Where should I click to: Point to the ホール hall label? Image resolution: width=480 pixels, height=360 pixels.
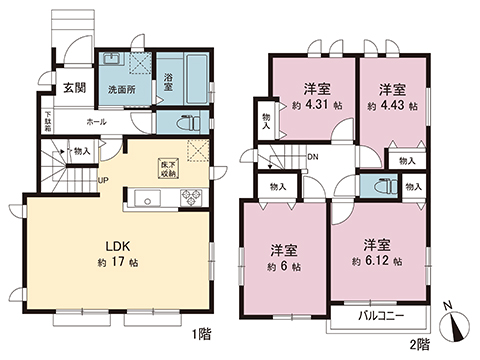tap(96, 121)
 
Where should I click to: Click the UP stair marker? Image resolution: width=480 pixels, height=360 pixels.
tap(103, 180)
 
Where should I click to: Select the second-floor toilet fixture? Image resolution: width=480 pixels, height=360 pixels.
tap(379, 185)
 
